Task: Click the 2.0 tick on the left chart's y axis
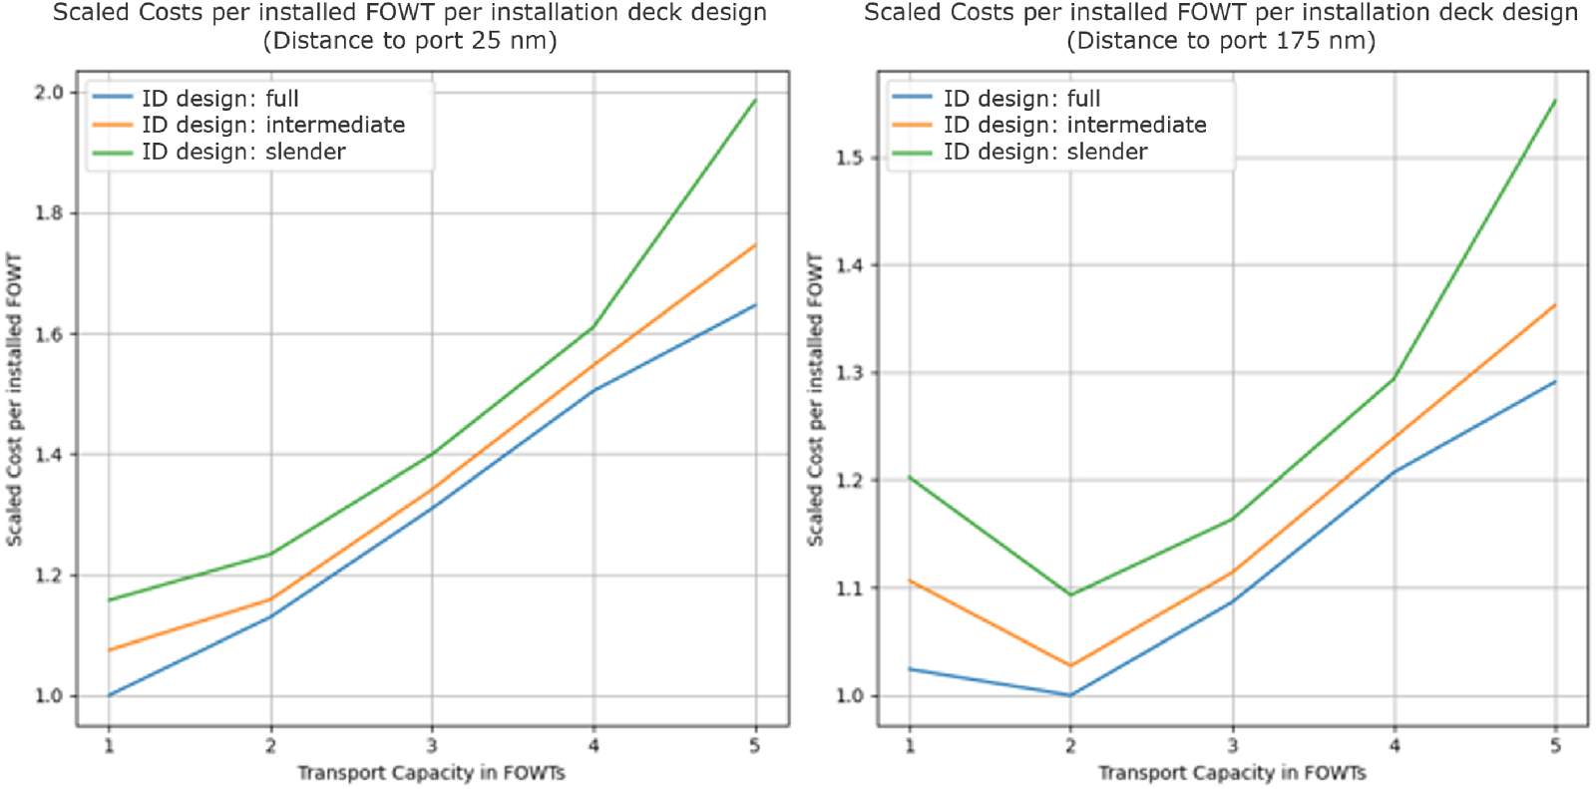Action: (x=49, y=93)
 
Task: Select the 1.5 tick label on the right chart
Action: (x=850, y=158)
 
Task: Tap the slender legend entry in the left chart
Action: (x=243, y=152)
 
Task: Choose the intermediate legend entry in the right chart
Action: (x=1074, y=125)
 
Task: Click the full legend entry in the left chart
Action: (x=219, y=98)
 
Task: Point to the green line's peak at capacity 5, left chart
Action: (x=755, y=100)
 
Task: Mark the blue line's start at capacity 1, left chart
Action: (x=109, y=695)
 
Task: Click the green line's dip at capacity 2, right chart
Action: (x=1070, y=594)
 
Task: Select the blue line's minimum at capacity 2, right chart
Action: (x=1070, y=695)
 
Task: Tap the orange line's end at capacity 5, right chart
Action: (x=1555, y=305)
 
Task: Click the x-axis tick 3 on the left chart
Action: (x=432, y=745)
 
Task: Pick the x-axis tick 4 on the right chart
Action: (x=1395, y=745)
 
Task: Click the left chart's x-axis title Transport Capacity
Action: (x=431, y=773)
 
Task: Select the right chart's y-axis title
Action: (x=816, y=399)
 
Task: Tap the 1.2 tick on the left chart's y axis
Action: (x=49, y=576)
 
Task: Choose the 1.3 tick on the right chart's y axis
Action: (x=850, y=373)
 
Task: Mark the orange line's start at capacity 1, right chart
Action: (x=910, y=581)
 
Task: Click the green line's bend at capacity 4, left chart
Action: (x=595, y=326)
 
